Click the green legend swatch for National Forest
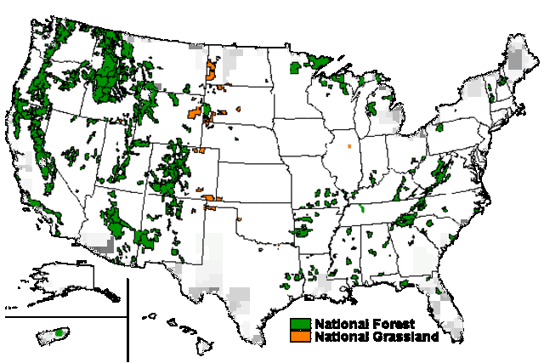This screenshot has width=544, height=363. pyautogui.click(x=299, y=324)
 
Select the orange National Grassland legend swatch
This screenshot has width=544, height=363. pyautogui.click(x=299, y=337)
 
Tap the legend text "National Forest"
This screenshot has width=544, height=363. pyautogui.click(x=364, y=324)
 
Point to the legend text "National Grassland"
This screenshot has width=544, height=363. pyautogui.click(x=377, y=337)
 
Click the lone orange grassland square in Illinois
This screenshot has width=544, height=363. pyautogui.click(x=349, y=146)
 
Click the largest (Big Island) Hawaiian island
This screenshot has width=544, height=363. pyautogui.click(x=209, y=346)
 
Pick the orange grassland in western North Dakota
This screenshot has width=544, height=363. pyautogui.click(x=212, y=68)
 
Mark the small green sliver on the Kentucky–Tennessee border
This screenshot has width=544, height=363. pyautogui.click(x=361, y=207)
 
